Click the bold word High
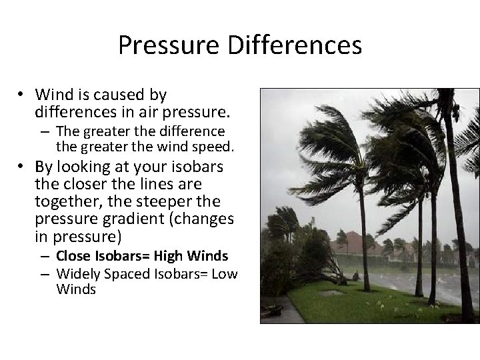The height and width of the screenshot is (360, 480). [170, 256]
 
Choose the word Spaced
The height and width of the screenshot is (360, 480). [130, 273]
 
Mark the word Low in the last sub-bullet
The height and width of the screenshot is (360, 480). [225, 273]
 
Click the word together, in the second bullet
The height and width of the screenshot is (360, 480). [65, 201]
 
